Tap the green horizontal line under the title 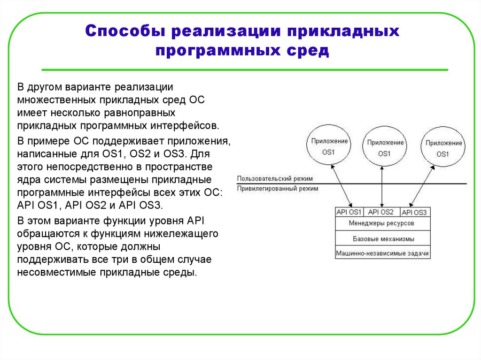pyautogui.click(x=244, y=70)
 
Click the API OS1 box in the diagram pyautogui.click(x=349, y=212)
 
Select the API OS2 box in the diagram pyautogui.click(x=381, y=212)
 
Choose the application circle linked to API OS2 pyautogui.click(x=385, y=147)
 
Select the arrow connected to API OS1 pyautogui.click(x=341, y=186)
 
